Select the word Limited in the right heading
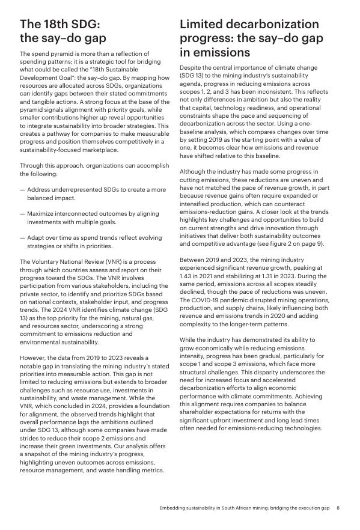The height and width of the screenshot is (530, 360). coord(205,25)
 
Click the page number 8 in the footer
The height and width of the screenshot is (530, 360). coord(338,508)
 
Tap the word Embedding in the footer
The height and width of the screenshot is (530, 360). coord(174,508)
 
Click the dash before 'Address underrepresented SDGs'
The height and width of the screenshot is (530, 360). coord(22,190)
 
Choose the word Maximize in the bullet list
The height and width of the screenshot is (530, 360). coord(43,213)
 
